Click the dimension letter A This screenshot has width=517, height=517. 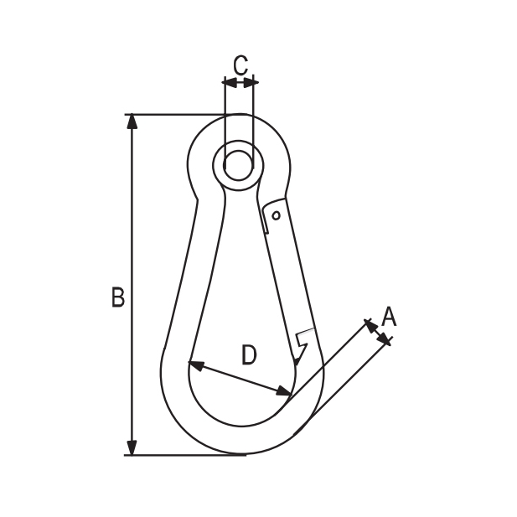pyautogui.click(x=389, y=317)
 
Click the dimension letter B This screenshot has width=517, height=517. pyautogui.click(x=118, y=297)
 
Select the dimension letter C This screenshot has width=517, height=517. pyautogui.click(x=240, y=65)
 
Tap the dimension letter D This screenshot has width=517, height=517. pyautogui.click(x=249, y=354)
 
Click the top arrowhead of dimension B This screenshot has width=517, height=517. pyautogui.click(x=132, y=121)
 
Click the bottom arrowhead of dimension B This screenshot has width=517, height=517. pyautogui.click(x=132, y=447)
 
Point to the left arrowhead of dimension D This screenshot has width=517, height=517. pyautogui.click(x=196, y=365)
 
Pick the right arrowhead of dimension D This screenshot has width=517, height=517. pyautogui.click(x=284, y=391)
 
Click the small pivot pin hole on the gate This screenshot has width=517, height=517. pyautogui.click(x=277, y=215)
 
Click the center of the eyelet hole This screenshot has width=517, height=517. pyautogui.click(x=239, y=165)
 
